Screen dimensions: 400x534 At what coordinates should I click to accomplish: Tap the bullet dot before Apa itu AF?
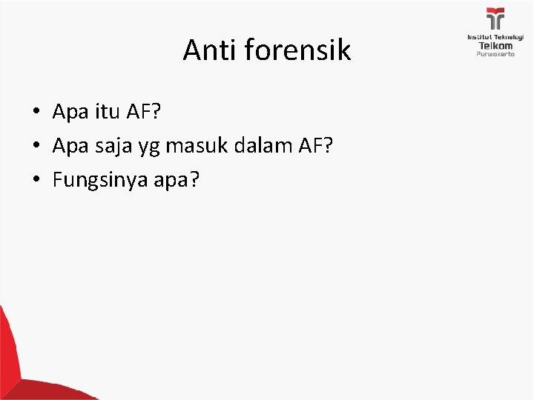[x=36, y=112]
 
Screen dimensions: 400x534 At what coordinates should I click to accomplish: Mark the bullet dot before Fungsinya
[x=36, y=180]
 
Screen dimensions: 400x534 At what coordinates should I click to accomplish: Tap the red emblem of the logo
[x=495, y=19]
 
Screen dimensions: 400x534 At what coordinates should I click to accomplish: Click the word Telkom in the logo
[x=495, y=45]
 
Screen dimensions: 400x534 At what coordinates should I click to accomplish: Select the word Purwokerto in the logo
[x=495, y=54]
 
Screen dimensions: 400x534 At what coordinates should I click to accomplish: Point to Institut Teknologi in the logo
[x=495, y=36]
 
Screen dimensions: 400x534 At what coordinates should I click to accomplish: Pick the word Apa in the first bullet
[x=69, y=112]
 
